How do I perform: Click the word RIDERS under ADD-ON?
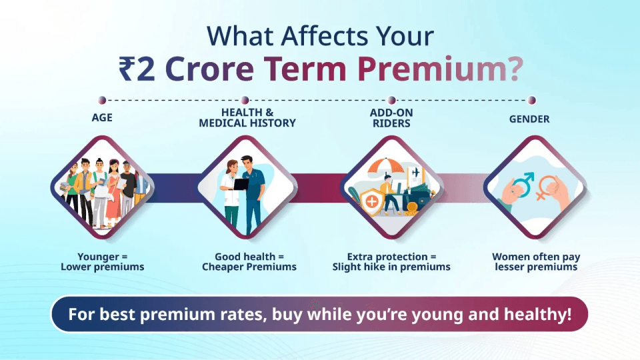point(390,123)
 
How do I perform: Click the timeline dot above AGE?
point(102,100)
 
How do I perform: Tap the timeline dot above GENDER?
point(531,100)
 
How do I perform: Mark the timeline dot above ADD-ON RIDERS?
point(391,100)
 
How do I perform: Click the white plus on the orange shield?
point(371,200)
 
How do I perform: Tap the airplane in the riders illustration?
point(416,172)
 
